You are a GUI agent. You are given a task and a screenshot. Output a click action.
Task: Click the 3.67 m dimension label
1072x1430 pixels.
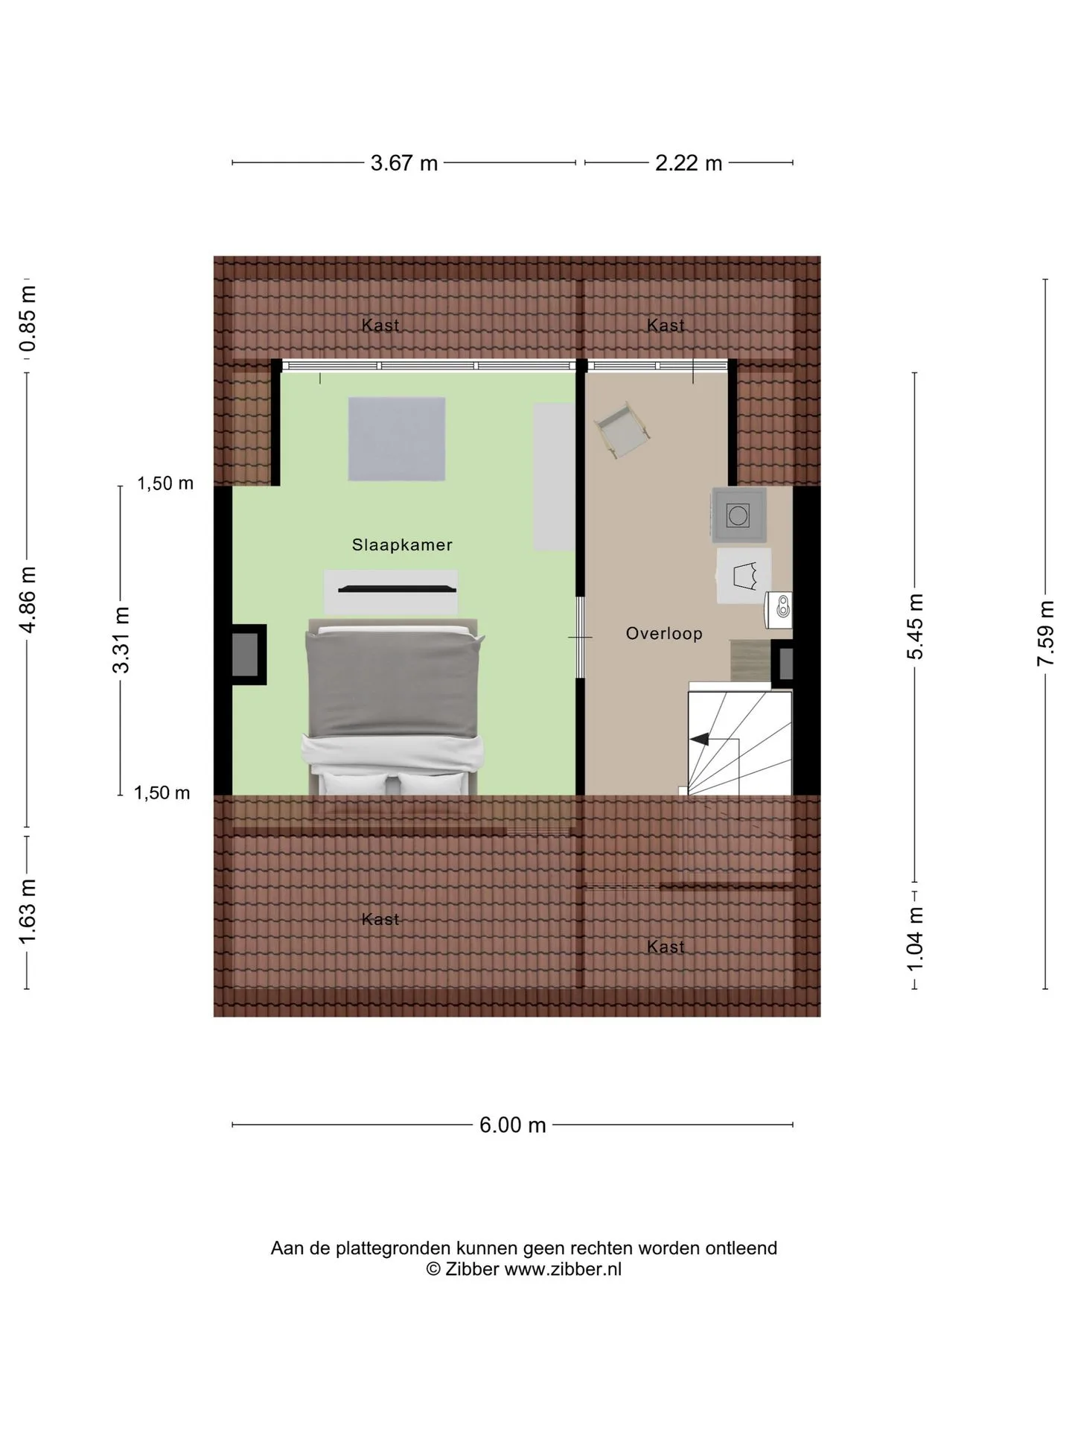pos(404,163)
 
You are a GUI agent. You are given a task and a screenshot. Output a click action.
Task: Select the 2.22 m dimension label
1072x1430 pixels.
pos(689,163)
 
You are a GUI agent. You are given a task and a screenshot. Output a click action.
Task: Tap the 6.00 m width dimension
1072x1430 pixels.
pos(513,1125)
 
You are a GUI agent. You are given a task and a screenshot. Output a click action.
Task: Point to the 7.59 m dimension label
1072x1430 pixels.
pos(1046,633)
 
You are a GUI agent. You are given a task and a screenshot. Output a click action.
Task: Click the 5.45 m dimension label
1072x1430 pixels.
pos(915,626)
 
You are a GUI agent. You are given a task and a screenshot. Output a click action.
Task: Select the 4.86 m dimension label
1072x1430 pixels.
pos(28,599)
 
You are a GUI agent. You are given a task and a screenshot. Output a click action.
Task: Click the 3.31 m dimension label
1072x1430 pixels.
pos(121,640)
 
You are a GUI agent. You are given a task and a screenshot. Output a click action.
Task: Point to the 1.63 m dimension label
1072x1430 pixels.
pos(28,911)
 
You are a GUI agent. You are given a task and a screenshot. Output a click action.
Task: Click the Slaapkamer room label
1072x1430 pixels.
pos(402,545)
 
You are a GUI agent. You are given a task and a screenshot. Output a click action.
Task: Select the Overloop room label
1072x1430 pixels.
pos(664,634)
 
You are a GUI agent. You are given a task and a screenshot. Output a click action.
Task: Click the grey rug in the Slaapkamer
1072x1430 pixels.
pos(397,439)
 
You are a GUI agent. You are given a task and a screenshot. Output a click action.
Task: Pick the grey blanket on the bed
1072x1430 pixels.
pos(393,685)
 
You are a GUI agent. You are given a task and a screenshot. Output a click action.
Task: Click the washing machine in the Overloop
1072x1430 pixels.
pos(738,515)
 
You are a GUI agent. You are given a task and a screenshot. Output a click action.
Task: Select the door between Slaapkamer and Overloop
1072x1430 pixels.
pos(581,638)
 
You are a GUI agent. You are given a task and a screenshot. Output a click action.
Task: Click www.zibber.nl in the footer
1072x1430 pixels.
pos(563,1270)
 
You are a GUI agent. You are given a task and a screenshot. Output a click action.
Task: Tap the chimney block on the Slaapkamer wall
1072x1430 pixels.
pos(247,654)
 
